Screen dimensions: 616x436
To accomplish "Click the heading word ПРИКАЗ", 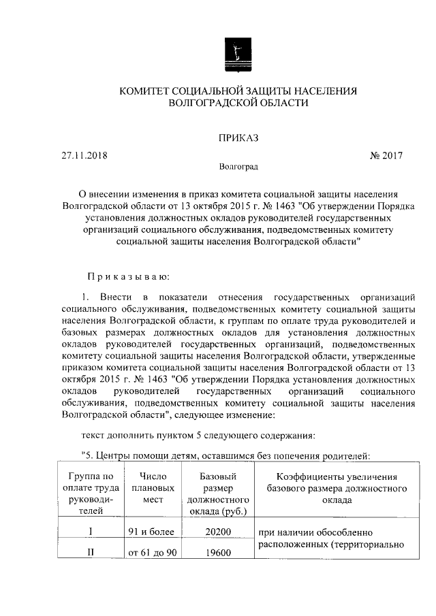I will (x=238, y=138).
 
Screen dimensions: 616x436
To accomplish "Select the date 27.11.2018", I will (x=84, y=155).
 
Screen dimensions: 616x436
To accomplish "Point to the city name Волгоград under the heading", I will (x=238, y=167).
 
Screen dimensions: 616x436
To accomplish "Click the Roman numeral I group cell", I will (x=91, y=532).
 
